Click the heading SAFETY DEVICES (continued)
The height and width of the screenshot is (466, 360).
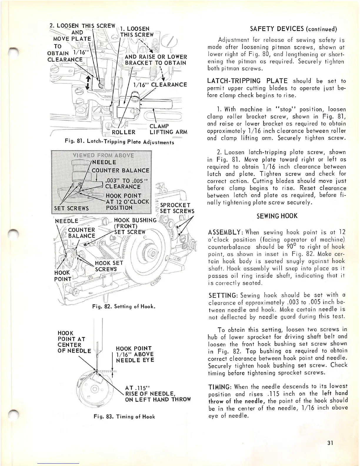pos(293,29)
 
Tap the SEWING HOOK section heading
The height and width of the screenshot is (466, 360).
pos(277,216)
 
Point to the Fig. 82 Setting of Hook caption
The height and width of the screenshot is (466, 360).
pos(124,307)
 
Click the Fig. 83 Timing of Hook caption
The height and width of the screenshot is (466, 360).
pos(124,417)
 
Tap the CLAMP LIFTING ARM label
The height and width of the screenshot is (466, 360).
pos(168,129)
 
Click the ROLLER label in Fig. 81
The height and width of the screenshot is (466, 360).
pos(124,132)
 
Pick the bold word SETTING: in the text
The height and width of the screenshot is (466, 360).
pos(223,295)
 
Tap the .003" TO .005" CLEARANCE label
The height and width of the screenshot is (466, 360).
pos(123,183)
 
